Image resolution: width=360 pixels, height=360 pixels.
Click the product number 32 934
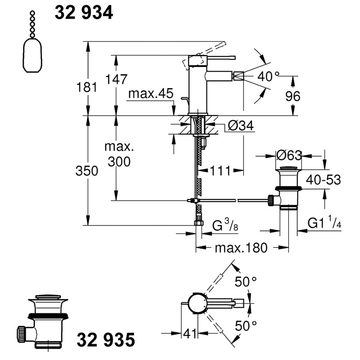84,13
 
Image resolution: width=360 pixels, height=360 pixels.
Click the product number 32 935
106,340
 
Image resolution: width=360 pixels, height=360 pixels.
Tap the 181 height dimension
87,87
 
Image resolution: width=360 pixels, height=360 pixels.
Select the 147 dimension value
116,79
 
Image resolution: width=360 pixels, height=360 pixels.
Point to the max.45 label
151,94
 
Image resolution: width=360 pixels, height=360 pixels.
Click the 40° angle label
268,76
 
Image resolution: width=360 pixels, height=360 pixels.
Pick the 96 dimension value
293,96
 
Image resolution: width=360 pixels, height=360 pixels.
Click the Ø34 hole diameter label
241,126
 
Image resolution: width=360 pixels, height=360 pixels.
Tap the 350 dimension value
87,171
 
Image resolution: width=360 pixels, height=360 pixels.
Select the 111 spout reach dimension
220,171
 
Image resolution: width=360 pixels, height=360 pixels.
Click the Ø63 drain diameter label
289,155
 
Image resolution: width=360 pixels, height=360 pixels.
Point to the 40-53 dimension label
324,180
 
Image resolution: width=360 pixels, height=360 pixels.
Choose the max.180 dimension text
241,248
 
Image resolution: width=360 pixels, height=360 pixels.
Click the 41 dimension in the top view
190,333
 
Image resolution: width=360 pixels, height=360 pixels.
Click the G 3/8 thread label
225,225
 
